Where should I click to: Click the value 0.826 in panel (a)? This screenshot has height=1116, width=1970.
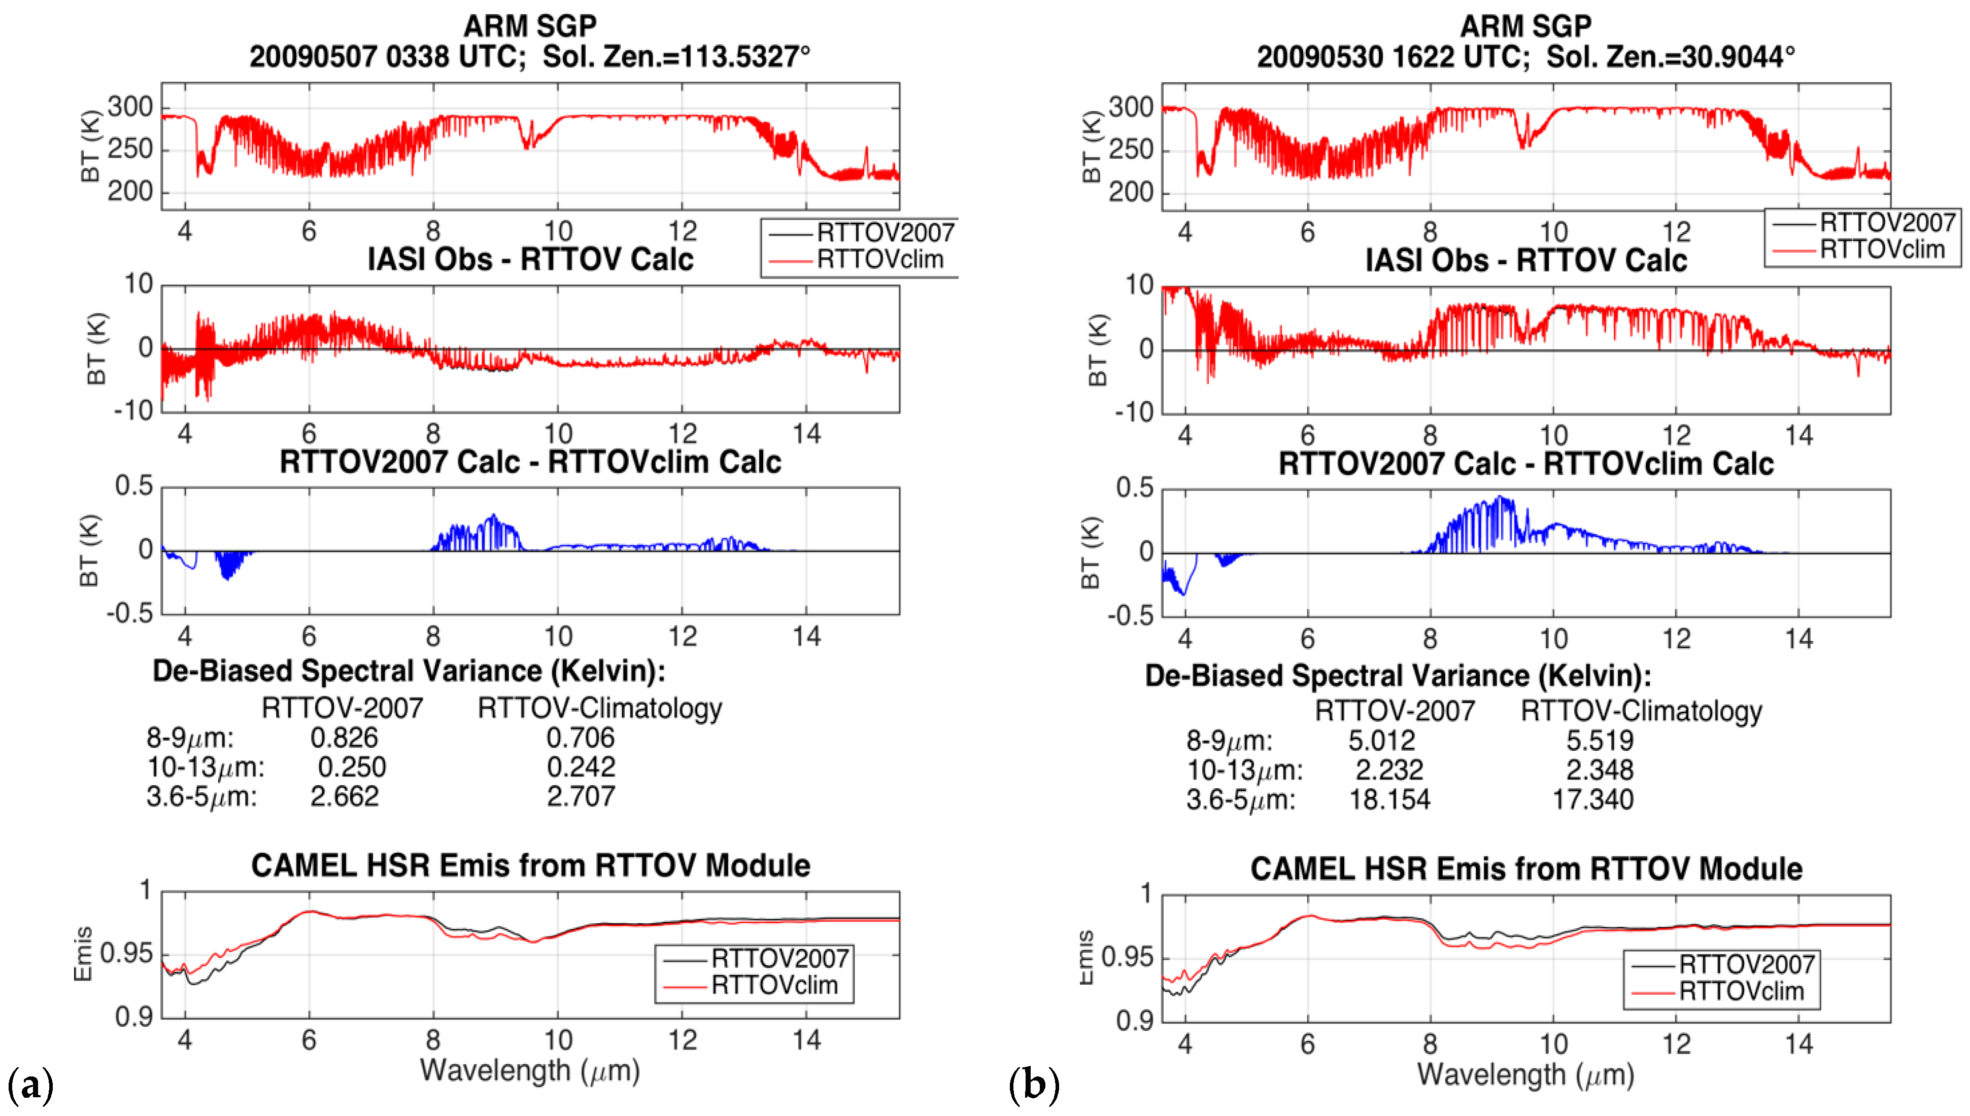pyautogui.click(x=344, y=738)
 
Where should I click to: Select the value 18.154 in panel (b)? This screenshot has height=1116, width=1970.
pyautogui.click(x=1389, y=799)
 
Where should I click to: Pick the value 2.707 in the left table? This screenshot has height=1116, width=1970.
pyautogui.click(x=580, y=796)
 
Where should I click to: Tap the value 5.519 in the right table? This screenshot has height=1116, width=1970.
pyautogui.click(x=1600, y=741)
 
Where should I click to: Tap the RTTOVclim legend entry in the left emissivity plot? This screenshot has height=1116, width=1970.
pyautogui.click(x=774, y=985)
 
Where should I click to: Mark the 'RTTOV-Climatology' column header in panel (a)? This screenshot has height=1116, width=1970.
pyautogui.click(x=599, y=708)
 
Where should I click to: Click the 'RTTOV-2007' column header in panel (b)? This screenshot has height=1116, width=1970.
pyautogui.click(x=1395, y=711)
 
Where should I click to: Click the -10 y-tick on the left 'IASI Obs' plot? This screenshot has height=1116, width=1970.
pyautogui.click(x=133, y=411)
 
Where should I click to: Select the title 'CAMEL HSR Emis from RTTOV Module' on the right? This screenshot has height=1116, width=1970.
pyautogui.click(x=1525, y=869)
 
